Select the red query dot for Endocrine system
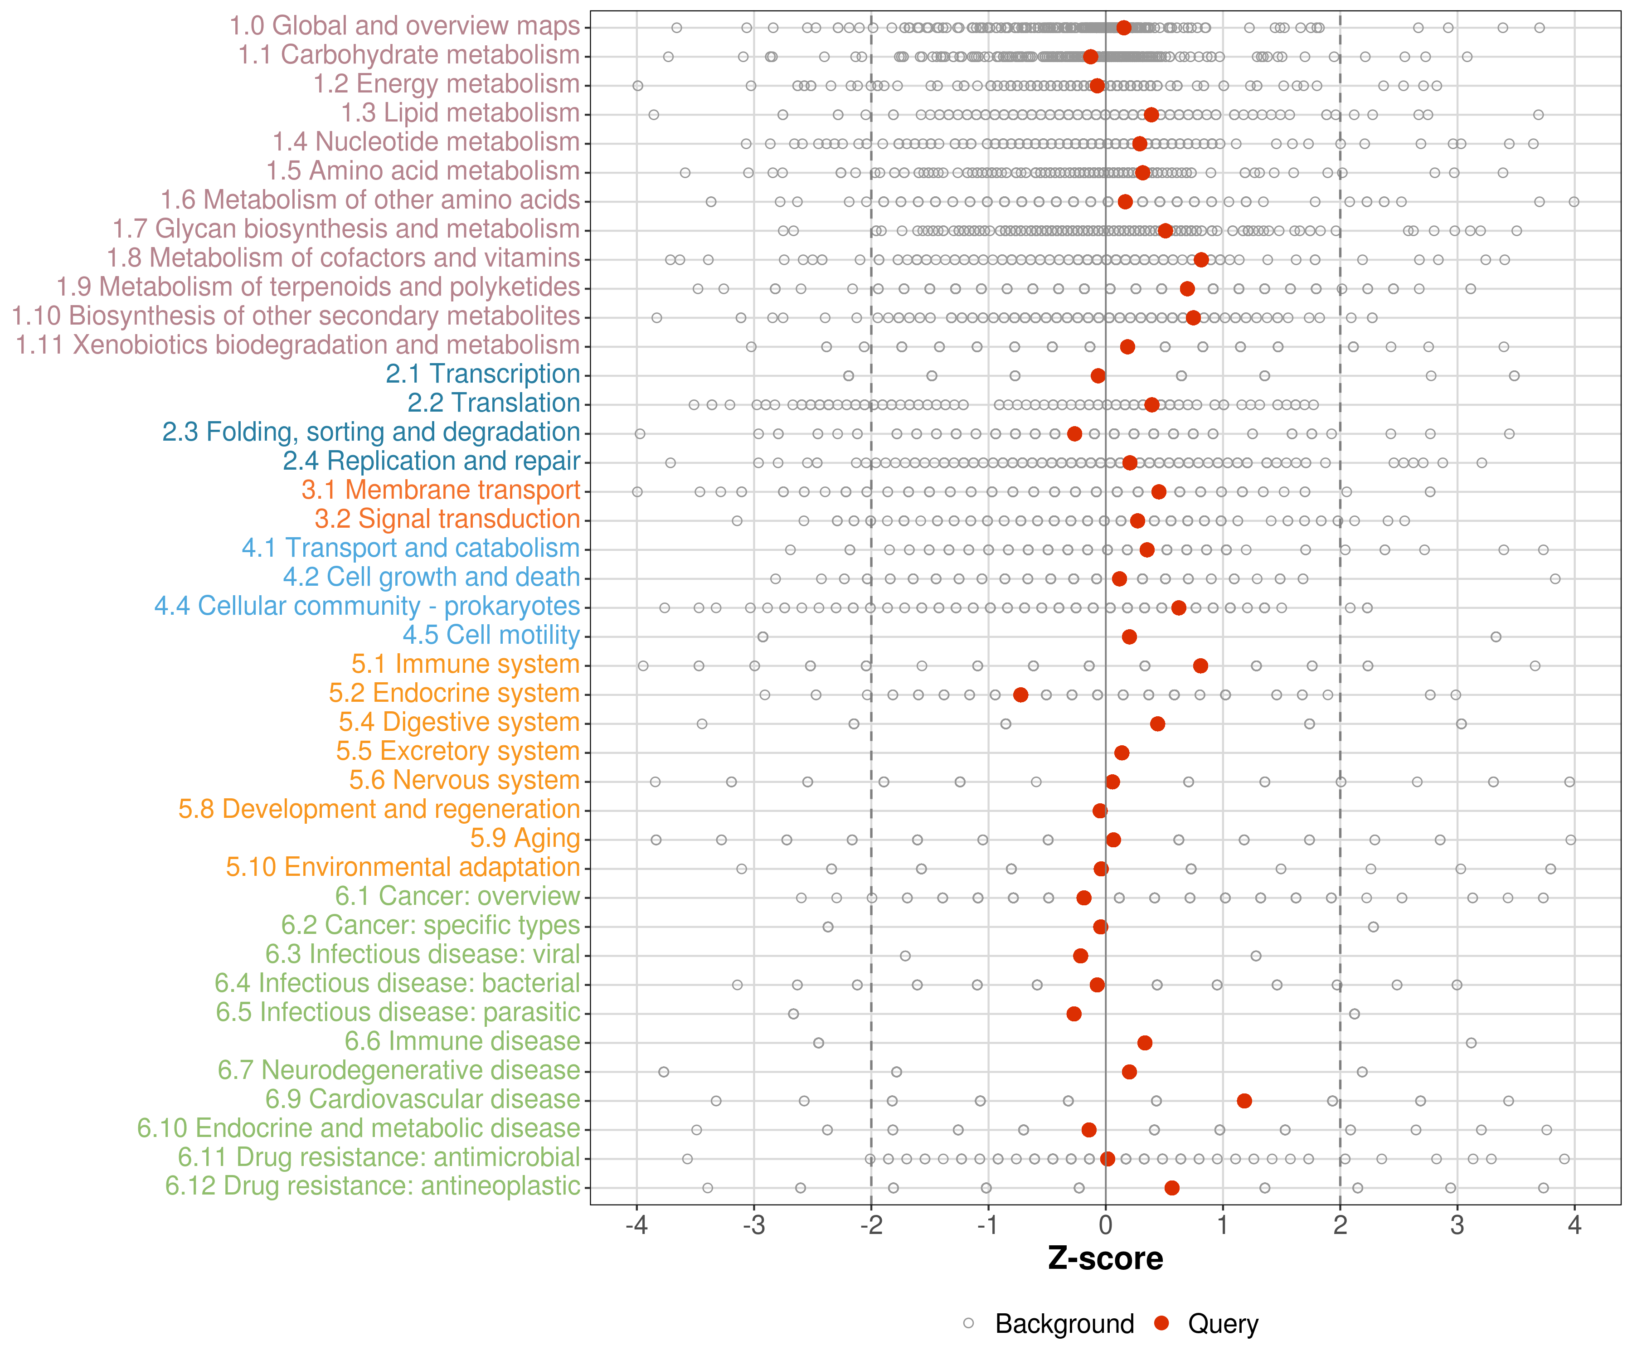click(1020, 695)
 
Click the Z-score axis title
click(1105, 1259)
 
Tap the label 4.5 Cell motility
click(491, 635)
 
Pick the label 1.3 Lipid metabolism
click(460, 113)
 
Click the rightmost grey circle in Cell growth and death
click(1554, 579)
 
